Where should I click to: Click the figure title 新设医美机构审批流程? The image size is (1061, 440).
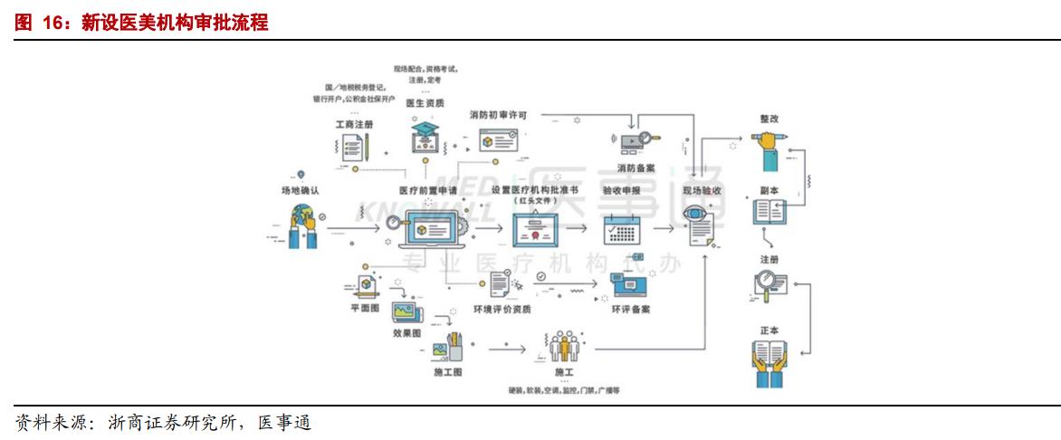coord(175,23)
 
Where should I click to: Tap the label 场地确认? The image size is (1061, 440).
coord(300,191)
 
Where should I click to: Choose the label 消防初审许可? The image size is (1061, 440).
coord(498,116)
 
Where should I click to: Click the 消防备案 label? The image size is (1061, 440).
coord(638,167)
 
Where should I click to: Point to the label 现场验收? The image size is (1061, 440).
coord(702,191)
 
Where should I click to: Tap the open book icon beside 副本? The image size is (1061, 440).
coord(769,213)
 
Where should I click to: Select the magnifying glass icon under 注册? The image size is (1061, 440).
coord(769,287)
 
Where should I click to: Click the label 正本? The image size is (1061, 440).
coord(769,330)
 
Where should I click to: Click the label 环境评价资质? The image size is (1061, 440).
coord(502,309)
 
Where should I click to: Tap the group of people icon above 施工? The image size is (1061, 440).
coord(563,347)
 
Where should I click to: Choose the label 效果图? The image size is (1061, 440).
coord(406,332)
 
